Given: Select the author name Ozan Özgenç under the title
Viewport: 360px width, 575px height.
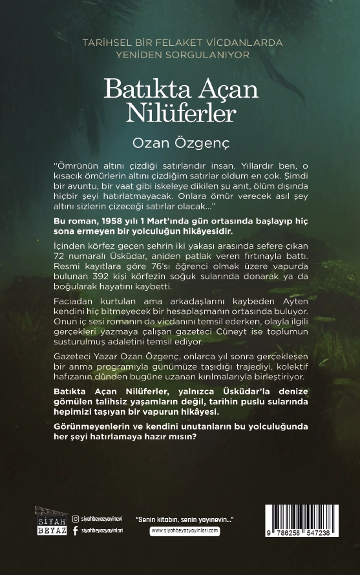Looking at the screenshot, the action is click(x=180, y=140).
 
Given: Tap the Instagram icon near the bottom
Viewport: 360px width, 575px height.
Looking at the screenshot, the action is click(x=76, y=518).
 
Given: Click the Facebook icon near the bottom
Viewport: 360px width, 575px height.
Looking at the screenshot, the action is click(x=76, y=530).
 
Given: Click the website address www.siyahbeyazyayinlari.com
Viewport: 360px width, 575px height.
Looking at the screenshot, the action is click(x=185, y=531).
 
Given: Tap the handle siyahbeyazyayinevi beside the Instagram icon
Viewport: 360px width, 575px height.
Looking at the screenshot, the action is click(x=102, y=518).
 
